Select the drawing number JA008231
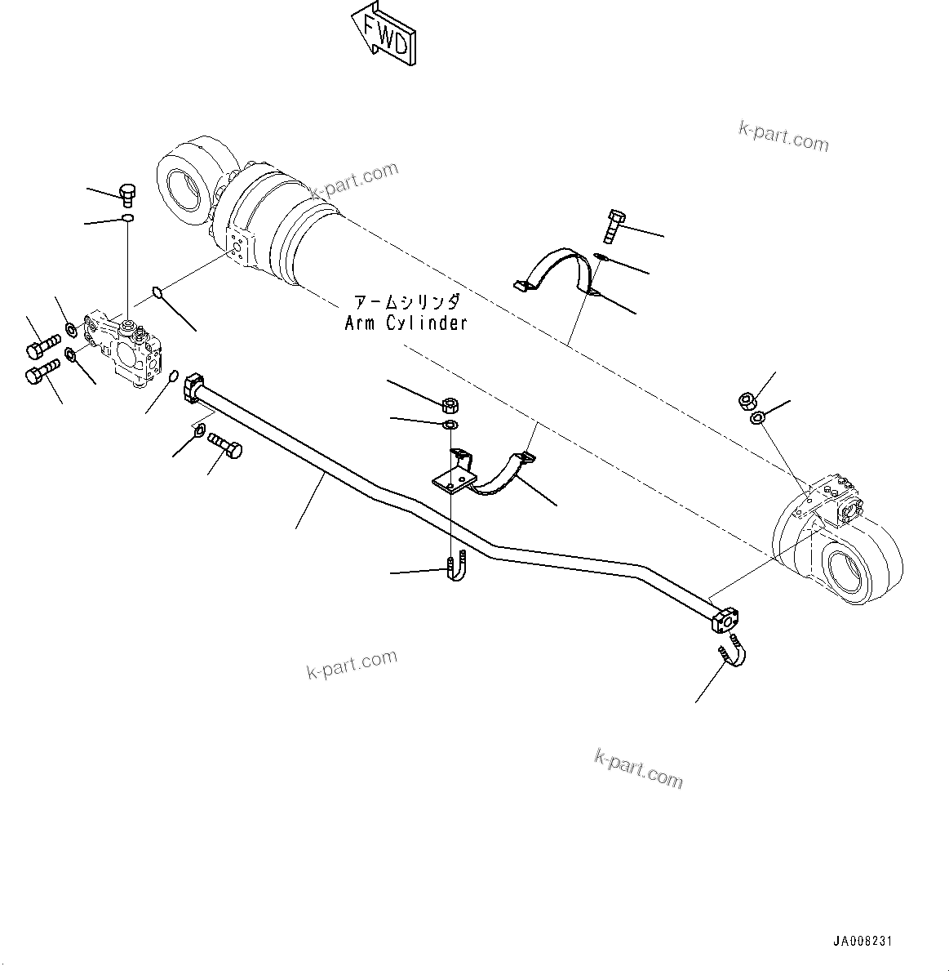click(863, 942)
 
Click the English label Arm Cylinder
click(406, 323)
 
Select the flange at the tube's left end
click(193, 386)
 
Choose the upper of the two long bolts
click(42, 346)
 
